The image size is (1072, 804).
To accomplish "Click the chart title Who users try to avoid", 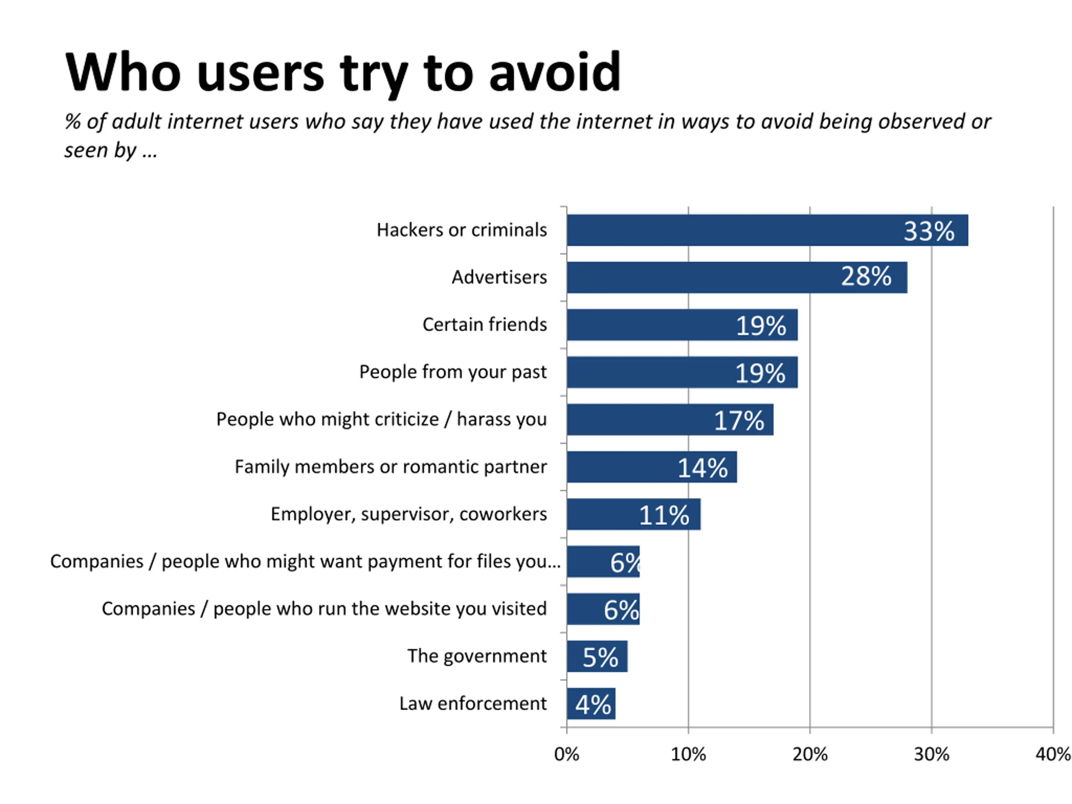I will tap(343, 73).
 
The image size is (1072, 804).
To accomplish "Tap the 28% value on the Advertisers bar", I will tap(866, 277).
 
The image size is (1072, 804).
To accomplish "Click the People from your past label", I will tap(453, 372).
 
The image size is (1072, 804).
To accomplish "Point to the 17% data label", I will tap(739, 420).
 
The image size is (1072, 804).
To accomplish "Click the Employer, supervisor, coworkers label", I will tap(409, 514).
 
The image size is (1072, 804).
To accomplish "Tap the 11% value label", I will tap(664, 515).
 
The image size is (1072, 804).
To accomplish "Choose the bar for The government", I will tap(597, 656).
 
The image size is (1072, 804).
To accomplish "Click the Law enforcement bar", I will tap(591, 703).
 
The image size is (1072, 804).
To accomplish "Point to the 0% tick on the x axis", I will tap(567, 755).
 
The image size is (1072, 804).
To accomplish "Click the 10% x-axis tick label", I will tap(688, 755).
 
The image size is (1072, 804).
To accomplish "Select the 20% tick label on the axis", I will tap(810, 755).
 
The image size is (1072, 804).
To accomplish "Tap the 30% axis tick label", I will tap(931, 755).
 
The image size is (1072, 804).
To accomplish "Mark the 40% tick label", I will tap(1053, 755).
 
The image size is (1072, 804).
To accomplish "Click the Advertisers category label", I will tap(499, 277).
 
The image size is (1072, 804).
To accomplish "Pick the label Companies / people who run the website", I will tap(324, 609).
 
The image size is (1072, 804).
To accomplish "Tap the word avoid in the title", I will tap(555, 73).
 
